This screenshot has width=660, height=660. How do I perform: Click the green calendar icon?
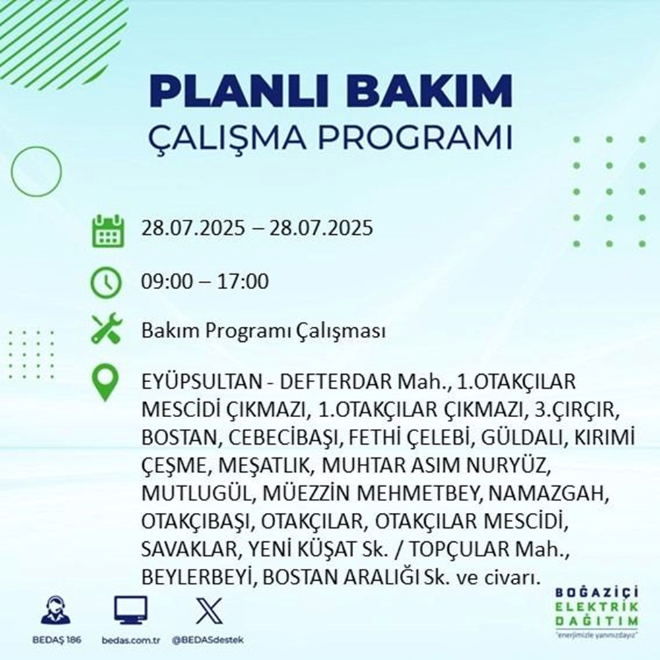click(x=106, y=230)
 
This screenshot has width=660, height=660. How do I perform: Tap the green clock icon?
click(x=106, y=282)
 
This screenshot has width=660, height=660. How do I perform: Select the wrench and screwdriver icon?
click(x=106, y=331)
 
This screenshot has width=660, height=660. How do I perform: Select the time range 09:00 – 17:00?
click(x=205, y=282)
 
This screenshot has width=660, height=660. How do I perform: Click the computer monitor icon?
click(x=131, y=610)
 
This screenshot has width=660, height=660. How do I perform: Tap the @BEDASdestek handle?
click(x=207, y=640)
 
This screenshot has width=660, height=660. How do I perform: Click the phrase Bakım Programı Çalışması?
click(x=263, y=331)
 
